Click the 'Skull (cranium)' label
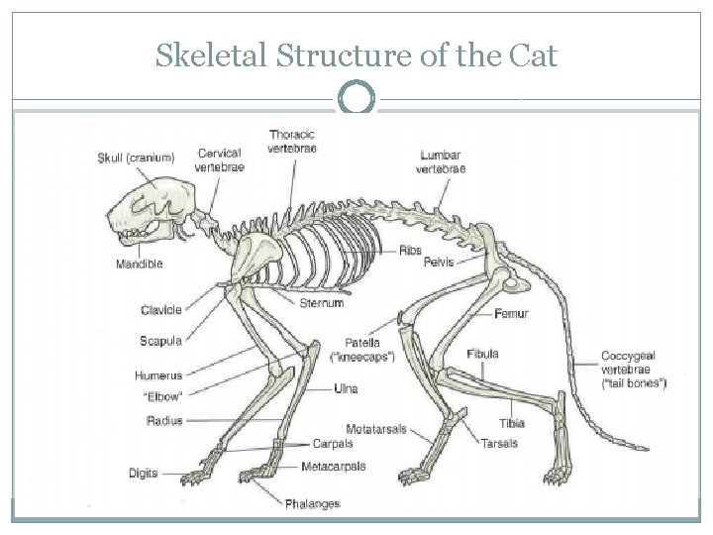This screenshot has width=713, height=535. pyautogui.click(x=137, y=157)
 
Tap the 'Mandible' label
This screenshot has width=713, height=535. pyautogui.click(x=139, y=265)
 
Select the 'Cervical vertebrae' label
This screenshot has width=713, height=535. pyautogui.click(x=220, y=160)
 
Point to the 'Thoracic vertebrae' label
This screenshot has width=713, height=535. pyautogui.click(x=292, y=142)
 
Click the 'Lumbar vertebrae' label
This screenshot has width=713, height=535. pyautogui.click(x=441, y=162)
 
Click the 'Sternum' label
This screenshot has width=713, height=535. pyautogui.click(x=321, y=303)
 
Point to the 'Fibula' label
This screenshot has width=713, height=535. pyautogui.click(x=483, y=354)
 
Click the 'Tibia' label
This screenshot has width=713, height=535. pyautogui.click(x=512, y=423)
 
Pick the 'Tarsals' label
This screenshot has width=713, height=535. pyautogui.click(x=500, y=443)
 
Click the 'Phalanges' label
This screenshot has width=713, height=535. pyautogui.click(x=313, y=504)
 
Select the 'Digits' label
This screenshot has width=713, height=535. pyautogui.click(x=144, y=472)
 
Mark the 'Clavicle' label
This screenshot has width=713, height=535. pyautogui.click(x=160, y=309)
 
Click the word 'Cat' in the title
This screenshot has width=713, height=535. pyautogui.click(x=534, y=57)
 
